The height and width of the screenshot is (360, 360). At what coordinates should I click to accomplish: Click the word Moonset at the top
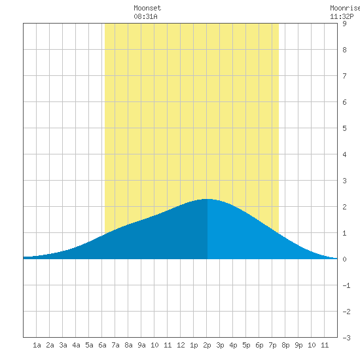[147, 8]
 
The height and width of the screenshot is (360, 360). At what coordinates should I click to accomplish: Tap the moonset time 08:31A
[145, 16]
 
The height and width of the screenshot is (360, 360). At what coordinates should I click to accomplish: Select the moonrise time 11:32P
[342, 16]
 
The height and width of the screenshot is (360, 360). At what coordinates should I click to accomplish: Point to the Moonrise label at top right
[345, 8]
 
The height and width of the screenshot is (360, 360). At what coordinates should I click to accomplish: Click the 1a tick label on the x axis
[37, 345]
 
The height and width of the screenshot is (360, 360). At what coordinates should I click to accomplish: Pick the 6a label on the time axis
[102, 345]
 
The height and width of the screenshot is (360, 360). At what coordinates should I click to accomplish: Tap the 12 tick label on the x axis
[181, 345]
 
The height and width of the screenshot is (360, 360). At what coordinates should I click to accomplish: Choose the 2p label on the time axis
[207, 346]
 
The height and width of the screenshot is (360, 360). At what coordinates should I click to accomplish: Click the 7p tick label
[272, 346]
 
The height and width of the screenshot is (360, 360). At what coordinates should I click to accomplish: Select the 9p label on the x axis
[298, 346]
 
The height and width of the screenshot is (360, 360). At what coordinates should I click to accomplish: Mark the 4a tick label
[76, 345]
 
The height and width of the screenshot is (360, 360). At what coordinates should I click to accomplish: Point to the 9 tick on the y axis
[344, 24]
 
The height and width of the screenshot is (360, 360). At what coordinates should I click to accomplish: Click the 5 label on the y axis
[344, 128]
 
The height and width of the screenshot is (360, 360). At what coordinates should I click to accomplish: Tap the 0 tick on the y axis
[344, 259]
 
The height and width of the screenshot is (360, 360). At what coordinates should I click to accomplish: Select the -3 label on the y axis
[346, 338]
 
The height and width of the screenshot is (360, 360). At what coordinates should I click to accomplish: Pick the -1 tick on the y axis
[346, 285]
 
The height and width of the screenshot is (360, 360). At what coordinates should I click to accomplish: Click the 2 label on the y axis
[344, 207]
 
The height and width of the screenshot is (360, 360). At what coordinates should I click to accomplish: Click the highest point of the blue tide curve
[207, 199]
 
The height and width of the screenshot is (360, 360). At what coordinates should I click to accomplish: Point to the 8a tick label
[128, 345]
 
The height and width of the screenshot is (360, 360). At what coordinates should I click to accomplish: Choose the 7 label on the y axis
[344, 76]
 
